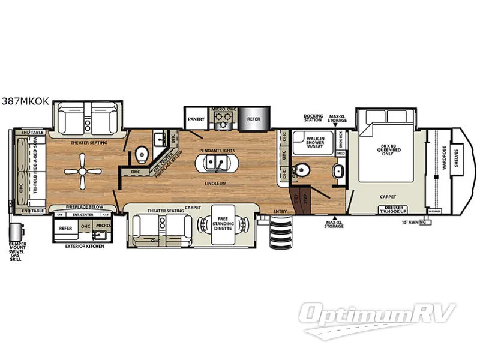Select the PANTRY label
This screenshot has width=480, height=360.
pyautogui.click(x=196, y=119)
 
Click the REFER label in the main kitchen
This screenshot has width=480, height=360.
pyautogui.click(x=254, y=119)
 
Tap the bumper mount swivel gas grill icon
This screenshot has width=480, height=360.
pyautogui.click(x=17, y=231)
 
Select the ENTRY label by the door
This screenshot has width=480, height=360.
pyautogui.click(x=280, y=211)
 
